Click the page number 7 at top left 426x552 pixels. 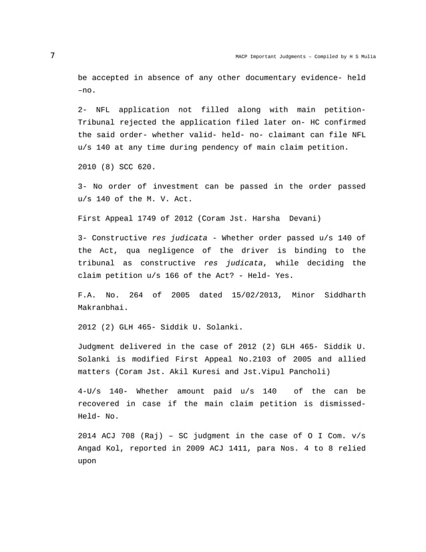tap(53, 55)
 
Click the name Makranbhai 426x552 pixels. tap(101, 308)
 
